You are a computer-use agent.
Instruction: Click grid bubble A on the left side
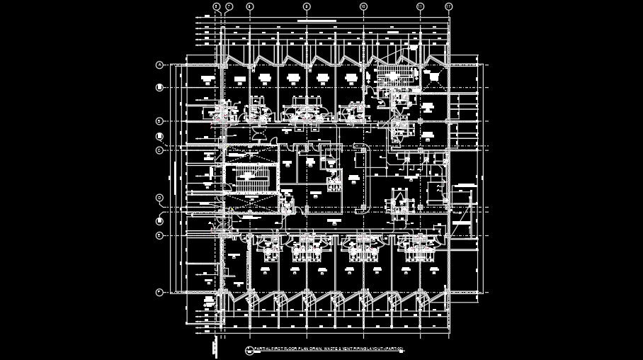coord(159,65)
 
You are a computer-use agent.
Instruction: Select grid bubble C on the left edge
coord(159,150)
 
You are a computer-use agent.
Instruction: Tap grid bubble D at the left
coord(159,198)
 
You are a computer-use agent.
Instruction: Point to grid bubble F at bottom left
coord(159,291)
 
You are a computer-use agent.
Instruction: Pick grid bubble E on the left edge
coord(159,235)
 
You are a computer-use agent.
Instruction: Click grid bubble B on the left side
coord(159,121)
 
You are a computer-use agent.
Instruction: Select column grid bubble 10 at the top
coord(363,6)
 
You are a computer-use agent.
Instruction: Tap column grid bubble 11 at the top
coord(420,6)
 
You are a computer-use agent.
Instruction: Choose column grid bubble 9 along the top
coord(307,6)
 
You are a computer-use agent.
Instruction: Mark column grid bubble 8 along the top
coord(250,6)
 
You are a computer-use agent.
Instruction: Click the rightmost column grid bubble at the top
coord(448,6)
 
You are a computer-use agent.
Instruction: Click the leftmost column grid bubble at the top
coord(216,6)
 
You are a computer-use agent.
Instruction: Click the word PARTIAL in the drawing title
coord(263,349)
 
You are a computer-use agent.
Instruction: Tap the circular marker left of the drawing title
coord(249,350)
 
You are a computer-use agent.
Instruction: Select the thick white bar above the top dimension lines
coord(314,21)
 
